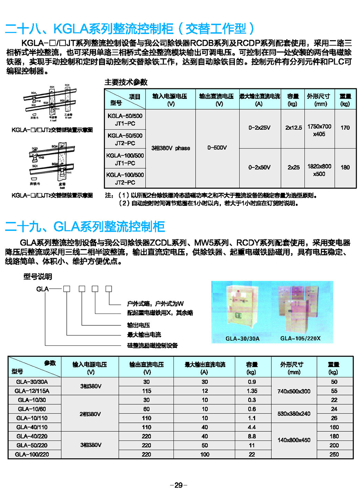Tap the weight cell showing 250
[333, 454]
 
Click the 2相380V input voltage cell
[90, 414]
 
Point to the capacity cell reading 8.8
[252, 436]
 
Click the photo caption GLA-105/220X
[300, 338]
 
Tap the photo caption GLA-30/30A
[242, 339]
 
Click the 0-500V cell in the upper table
[217, 148]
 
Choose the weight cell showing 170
[345, 128]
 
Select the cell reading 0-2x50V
[259, 167]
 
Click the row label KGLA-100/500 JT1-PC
[124, 159]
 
